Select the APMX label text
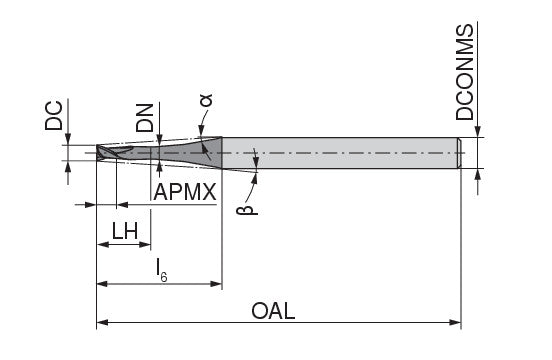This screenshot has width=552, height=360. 185,192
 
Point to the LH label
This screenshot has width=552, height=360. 124,231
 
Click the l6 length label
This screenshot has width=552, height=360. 160,267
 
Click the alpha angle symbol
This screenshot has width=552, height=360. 206,99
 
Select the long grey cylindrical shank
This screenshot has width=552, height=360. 340,153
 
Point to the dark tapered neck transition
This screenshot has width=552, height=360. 208,152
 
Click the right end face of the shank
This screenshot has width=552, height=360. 460,153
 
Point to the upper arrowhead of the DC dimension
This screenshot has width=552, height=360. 66,141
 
